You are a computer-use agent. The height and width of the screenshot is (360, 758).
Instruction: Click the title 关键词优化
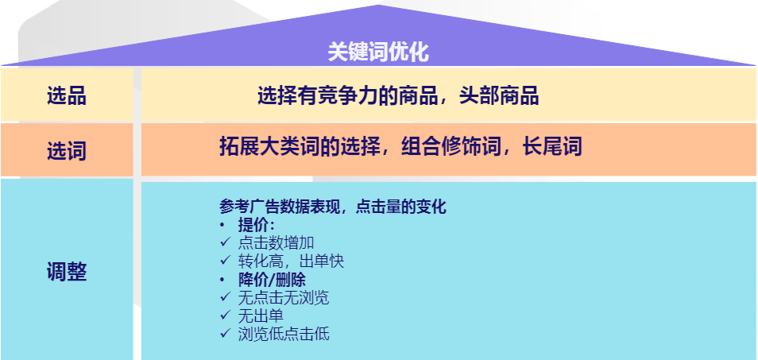click(378, 52)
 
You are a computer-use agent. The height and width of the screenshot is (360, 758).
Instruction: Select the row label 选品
click(67, 95)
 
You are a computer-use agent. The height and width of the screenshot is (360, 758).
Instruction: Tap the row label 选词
click(67, 150)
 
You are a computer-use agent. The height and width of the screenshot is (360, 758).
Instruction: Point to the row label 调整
click(67, 272)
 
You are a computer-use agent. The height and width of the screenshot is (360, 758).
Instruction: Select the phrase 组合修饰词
click(451, 146)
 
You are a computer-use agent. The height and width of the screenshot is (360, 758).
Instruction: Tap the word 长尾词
click(551, 146)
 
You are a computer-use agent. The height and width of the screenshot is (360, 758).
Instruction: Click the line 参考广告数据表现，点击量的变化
click(333, 207)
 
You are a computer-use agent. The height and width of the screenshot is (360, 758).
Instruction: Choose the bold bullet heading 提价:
click(257, 225)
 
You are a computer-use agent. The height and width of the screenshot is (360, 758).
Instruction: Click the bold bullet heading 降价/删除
click(272, 280)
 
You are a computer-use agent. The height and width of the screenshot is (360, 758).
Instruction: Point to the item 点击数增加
click(276, 243)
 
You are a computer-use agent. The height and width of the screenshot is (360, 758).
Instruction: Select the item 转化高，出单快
click(291, 261)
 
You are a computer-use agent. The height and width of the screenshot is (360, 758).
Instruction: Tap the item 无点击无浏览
click(284, 298)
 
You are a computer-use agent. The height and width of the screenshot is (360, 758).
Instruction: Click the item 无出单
click(261, 316)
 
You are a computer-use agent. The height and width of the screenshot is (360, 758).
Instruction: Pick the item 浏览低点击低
click(284, 334)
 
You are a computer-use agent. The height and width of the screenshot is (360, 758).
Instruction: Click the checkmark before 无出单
click(226, 315)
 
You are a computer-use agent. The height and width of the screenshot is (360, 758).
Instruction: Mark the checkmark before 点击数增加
click(226, 242)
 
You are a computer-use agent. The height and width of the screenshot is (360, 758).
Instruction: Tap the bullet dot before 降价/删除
click(222, 281)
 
